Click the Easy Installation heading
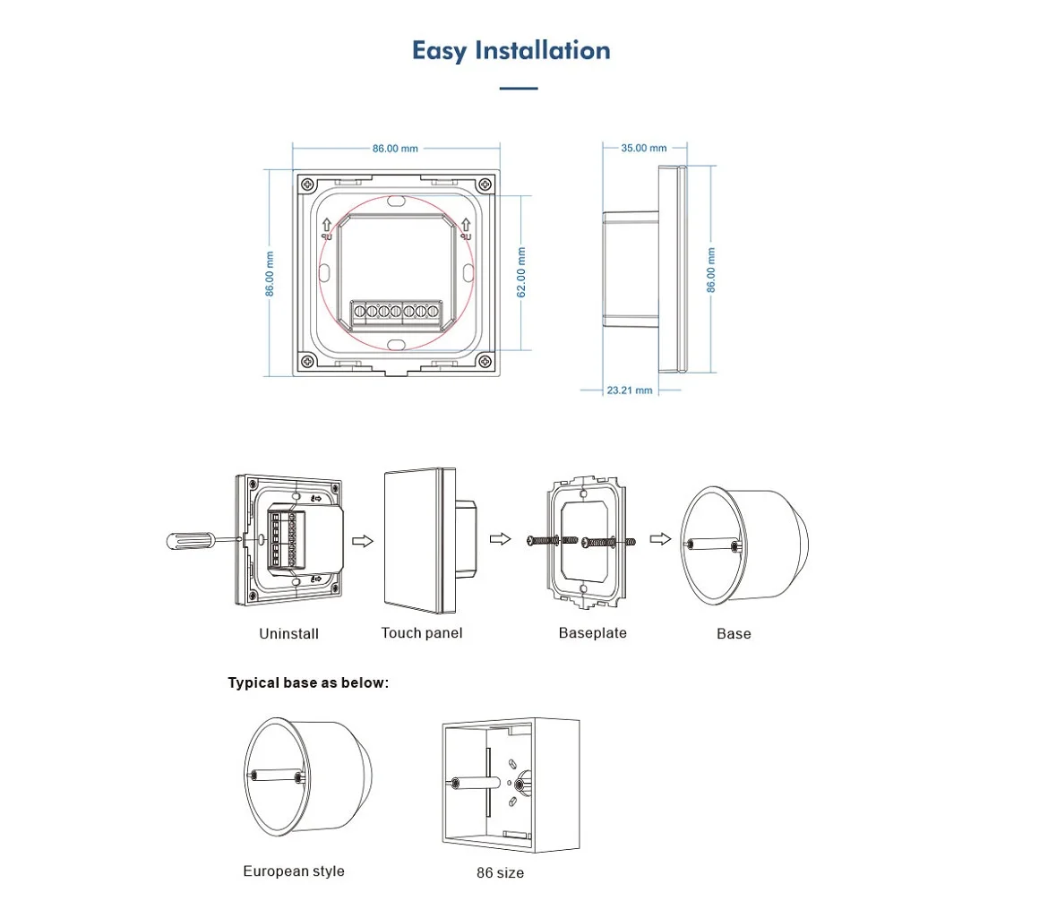tap(511, 50)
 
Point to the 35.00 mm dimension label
tap(644, 148)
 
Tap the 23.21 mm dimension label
tap(630, 390)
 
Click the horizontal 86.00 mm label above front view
tap(395, 148)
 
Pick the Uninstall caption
tap(288, 634)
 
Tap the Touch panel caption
tap(422, 633)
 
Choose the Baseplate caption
tap(593, 633)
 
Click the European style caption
tap(294, 871)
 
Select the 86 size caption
tap(501, 872)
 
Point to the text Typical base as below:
tap(309, 683)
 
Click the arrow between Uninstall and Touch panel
tap(363, 541)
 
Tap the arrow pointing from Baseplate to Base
tap(660, 539)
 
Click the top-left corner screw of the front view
tap(307, 183)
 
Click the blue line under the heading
tap(518, 89)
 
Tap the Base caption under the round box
tap(734, 634)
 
